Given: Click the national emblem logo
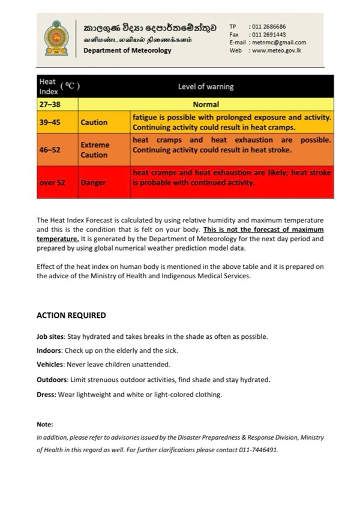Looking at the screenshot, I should (57, 37).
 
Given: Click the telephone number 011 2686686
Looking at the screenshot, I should (269, 27).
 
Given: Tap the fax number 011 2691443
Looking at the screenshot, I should (269, 35).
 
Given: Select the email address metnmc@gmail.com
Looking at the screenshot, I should (279, 43).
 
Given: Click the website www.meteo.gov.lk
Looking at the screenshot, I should (277, 50).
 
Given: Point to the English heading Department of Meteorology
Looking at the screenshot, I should (127, 50).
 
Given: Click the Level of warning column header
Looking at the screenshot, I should (206, 86).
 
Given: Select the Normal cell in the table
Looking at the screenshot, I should (206, 104).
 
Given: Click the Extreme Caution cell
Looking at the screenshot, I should (95, 149).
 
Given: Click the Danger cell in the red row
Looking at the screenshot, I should (93, 182).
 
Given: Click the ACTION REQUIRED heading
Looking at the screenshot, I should (71, 315).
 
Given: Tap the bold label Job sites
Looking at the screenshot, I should (50, 336).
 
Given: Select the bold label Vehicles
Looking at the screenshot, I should (50, 364).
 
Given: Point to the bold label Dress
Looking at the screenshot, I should (46, 394).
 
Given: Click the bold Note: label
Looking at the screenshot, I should (45, 424).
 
